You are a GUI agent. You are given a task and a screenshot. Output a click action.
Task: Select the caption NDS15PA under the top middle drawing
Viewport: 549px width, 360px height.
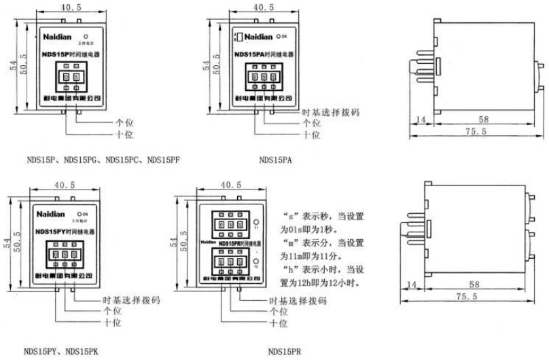(274, 160)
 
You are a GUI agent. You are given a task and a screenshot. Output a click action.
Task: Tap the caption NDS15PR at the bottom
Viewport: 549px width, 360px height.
(284, 351)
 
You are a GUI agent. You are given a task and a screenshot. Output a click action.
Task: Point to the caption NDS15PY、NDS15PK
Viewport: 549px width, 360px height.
(61, 351)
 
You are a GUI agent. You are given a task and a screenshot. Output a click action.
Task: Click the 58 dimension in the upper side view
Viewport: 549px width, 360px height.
(483, 120)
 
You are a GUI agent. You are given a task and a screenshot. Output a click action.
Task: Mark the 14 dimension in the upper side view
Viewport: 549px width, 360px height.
(419, 120)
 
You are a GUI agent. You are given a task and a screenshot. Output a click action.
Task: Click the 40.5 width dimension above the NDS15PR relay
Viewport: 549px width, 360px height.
(231, 185)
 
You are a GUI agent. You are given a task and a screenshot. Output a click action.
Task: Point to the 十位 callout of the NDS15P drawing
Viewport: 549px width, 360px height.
(124, 134)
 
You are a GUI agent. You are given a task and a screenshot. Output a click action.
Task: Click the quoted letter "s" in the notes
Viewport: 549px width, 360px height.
(287, 217)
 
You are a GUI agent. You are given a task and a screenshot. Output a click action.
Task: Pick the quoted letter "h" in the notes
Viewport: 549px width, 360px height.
(287, 270)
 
